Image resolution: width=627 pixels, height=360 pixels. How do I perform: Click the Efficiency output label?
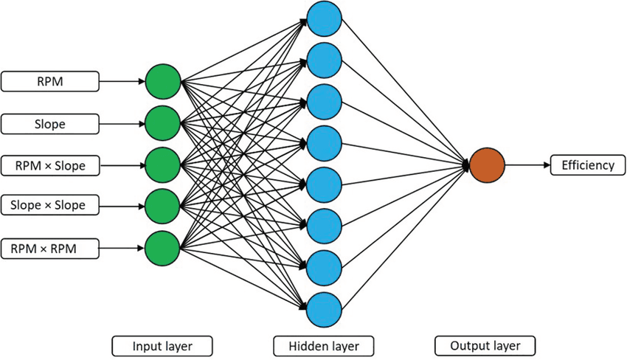coord(587,165)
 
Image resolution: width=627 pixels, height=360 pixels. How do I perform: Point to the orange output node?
coord(487,166)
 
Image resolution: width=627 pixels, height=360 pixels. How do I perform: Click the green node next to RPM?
coord(164,83)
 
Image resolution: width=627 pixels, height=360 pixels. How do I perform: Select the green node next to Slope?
coord(164,124)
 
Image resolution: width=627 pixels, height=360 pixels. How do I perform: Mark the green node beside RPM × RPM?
coord(164,249)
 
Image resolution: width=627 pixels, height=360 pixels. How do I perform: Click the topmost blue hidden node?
coord(324,20)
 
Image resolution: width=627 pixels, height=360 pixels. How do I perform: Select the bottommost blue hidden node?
coord(324,309)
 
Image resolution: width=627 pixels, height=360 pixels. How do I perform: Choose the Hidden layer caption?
coord(323,345)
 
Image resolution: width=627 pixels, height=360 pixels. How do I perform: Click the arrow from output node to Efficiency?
coord(527,166)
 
